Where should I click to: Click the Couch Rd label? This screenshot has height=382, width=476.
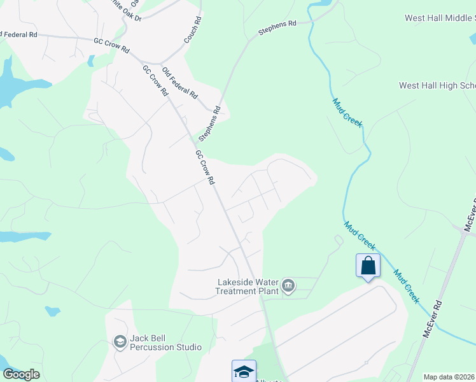tap(192, 29)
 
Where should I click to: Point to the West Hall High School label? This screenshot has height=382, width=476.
tap(437, 85)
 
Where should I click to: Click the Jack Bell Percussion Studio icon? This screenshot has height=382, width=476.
tap(119, 342)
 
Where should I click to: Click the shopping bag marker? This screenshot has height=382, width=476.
tap(368, 265)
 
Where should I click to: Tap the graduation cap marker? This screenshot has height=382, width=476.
tap(243, 371)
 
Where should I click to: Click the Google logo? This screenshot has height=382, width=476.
tap(22, 374)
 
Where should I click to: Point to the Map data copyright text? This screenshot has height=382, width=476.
tap(449, 377)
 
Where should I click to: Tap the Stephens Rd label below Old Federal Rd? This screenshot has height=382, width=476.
tap(209, 124)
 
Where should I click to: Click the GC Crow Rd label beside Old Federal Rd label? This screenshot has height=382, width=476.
tap(155, 80)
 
